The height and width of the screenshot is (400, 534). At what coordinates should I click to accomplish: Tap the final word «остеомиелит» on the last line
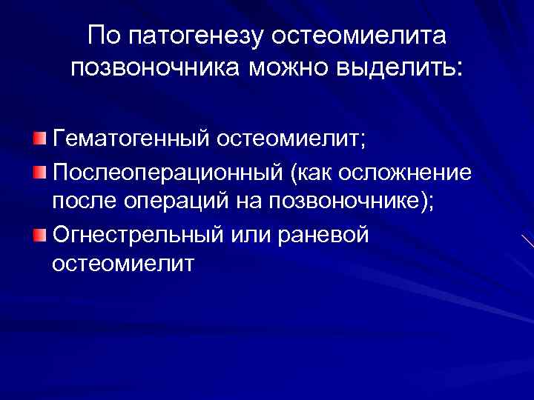coord(123,264)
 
